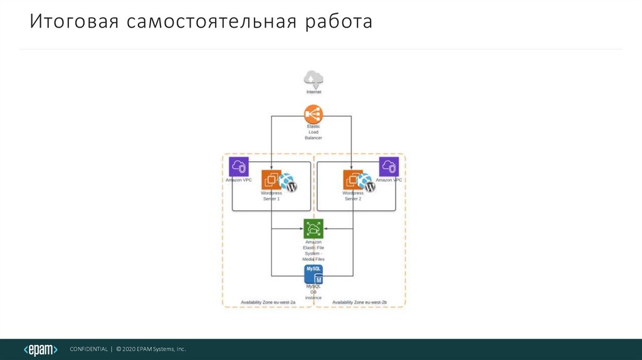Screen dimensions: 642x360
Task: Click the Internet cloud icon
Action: coord(313,79)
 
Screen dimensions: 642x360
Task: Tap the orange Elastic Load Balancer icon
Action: coord(313,114)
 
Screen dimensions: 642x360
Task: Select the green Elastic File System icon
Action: coord(313,228)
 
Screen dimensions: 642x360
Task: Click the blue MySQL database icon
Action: coord(313,274)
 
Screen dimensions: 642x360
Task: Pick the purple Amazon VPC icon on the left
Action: coord(239,167)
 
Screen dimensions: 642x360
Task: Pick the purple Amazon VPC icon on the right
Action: coord(389,167)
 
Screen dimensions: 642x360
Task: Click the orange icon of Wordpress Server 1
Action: coord(271,180)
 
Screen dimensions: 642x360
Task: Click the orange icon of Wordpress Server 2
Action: coord(353,180)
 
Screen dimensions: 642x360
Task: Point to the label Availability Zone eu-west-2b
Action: coord(359,302)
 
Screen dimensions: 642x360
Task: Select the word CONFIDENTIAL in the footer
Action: coord(88,349)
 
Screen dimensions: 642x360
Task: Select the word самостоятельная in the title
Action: coord(213,22)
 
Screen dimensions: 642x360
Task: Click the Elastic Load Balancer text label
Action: coord(313,132)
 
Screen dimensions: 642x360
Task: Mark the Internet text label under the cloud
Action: coord(313,92)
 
